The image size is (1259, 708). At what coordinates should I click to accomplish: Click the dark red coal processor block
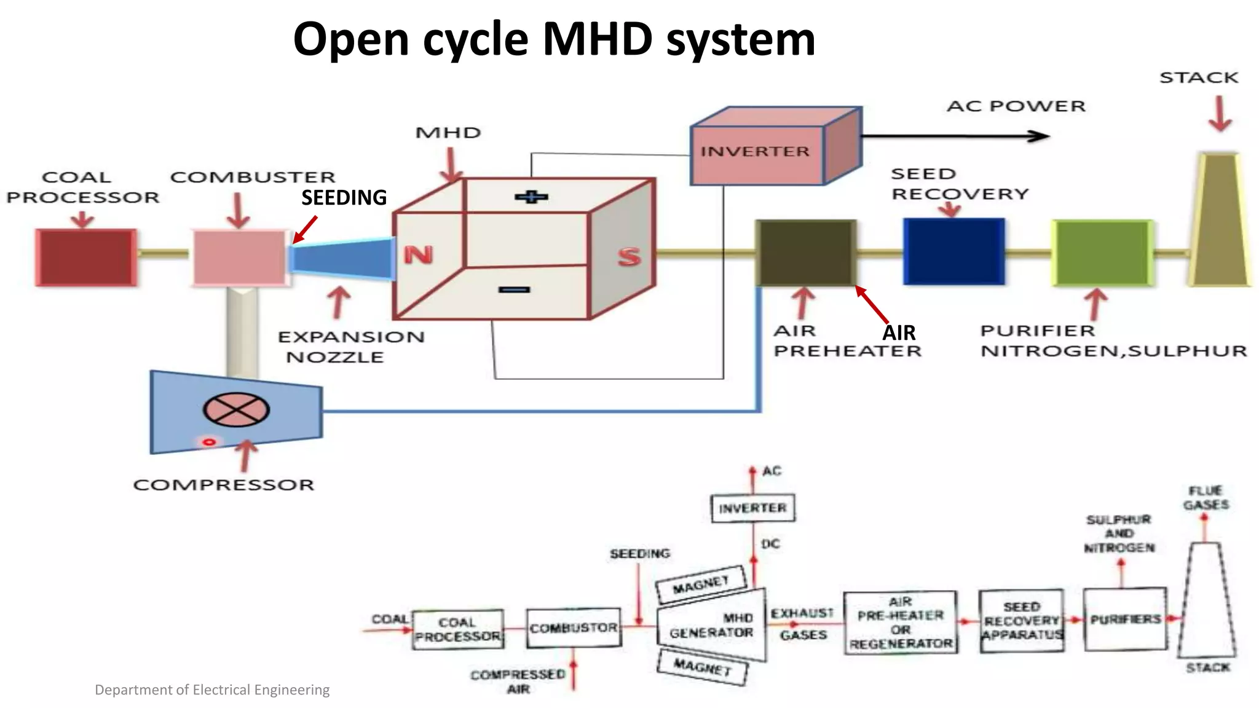pyautogui.click(x=86, y=257)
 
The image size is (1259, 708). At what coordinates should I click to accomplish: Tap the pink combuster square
pyautogui.click(x=240, y=257)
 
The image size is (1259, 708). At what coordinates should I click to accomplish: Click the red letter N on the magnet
pyautogui.click(x=418, y=254)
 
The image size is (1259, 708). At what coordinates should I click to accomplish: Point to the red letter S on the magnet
pyautogui.click(x=629, y=257)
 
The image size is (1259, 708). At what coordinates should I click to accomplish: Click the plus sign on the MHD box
pyautogui.click(x=531, y=197)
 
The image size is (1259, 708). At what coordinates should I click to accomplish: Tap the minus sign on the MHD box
pyautogui.click(x=514, y=289)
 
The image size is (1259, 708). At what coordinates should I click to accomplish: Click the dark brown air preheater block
pyautogui.click(x=806, y=253)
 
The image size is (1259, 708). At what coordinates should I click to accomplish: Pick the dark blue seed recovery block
pyautogui.click(x=953, y=251)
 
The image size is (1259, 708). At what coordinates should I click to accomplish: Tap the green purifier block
pyautogui.click(x=1102, y=253)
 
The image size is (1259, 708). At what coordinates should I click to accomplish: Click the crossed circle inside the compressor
pyautogui.click(x=236, y=409)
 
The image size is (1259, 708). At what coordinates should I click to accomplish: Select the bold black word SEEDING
pyautogui.click(x=344, y=198)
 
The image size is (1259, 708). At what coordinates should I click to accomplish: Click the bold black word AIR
pyautogui.click(x=899, y=333)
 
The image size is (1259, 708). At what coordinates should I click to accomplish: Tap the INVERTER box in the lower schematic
pyautogui.click(x=752, y=508)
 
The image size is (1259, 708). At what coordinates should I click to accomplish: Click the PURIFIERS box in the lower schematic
pyautogui.click(x=1125, y=619)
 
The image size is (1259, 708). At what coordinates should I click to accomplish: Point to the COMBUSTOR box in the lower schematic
pyautogui.click(x=574, y=628)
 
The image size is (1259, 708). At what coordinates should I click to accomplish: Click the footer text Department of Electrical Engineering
pyautogui.click(x=212, y=690)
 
